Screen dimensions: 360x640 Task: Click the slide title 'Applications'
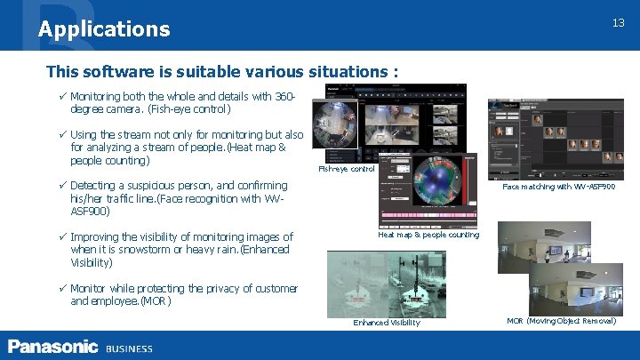click(x=104, y=29)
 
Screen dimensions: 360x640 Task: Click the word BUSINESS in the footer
click(x=129, y=348)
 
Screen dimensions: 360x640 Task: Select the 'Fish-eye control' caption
click(x=347, y=169)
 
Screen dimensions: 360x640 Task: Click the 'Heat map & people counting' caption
click(x=428, y=235)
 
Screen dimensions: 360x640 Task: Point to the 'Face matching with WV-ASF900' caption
click(x=558, y=187)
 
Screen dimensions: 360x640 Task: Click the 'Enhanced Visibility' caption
click(x=387, y=322)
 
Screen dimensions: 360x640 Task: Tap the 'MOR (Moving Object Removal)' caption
click(x=561, y=320)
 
